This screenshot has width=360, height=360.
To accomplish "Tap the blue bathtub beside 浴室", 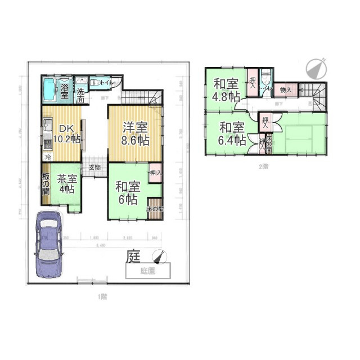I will pos(49,89).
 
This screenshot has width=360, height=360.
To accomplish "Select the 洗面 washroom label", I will pos(81,95).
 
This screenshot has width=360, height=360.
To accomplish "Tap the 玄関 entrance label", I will pos(94,167).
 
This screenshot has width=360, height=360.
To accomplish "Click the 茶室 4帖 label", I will pos(66,184).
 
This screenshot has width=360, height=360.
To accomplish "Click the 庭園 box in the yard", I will pos(148,271).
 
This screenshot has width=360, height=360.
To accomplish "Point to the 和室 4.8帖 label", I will pos(226,89).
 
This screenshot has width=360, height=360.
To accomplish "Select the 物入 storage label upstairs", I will pos(286,89).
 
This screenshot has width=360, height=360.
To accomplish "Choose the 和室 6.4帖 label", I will pos(232,133).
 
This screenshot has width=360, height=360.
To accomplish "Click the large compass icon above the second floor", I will pos(317,69).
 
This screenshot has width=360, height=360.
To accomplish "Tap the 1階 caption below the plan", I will pos(101,296).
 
